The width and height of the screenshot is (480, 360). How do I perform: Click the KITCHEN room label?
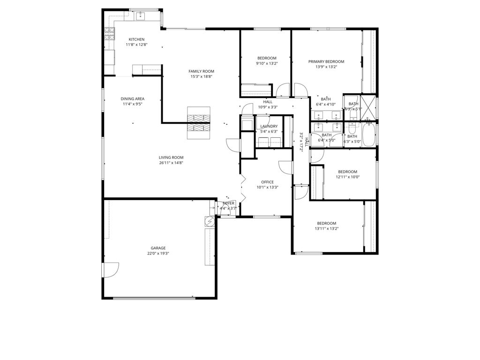136,39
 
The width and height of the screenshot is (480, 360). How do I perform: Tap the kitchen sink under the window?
141,16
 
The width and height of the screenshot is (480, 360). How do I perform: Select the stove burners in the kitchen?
109,33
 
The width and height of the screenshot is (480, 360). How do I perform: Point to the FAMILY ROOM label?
202,71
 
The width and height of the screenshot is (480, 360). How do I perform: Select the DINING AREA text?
133,99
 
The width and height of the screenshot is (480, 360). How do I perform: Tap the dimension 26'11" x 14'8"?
171,163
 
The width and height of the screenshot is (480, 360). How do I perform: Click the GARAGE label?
158,248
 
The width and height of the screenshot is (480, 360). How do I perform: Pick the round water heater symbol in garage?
209,220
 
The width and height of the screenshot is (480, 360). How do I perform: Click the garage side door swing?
111,270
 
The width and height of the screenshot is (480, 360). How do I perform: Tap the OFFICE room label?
267,182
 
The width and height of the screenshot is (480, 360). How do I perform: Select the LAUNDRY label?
269,126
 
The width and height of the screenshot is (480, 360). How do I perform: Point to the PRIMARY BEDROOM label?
326,61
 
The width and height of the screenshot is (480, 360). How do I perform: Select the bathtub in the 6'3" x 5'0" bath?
368,135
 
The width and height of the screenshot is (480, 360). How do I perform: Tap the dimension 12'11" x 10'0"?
348,177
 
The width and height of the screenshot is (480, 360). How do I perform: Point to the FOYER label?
229,203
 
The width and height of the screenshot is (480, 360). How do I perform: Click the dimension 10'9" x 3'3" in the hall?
268,107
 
